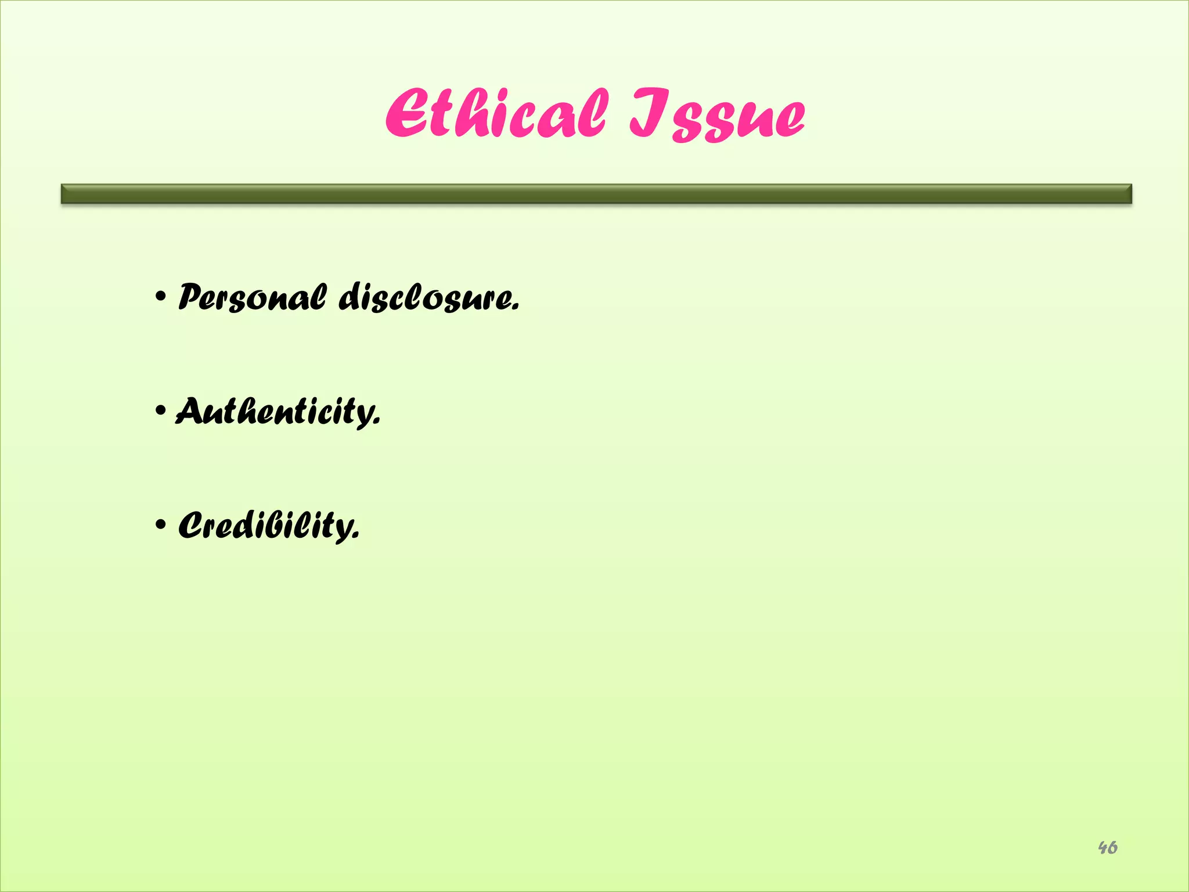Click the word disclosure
427,298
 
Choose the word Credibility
268,526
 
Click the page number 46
1108,848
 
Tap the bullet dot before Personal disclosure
161,298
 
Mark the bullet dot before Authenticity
161,412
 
